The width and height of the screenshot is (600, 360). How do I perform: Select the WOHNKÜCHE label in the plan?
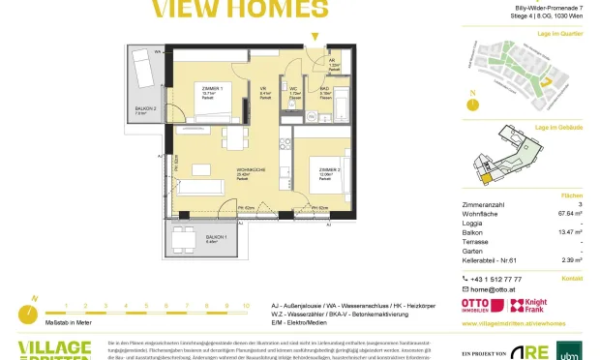251,170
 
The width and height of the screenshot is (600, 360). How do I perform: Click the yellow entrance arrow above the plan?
312,37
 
